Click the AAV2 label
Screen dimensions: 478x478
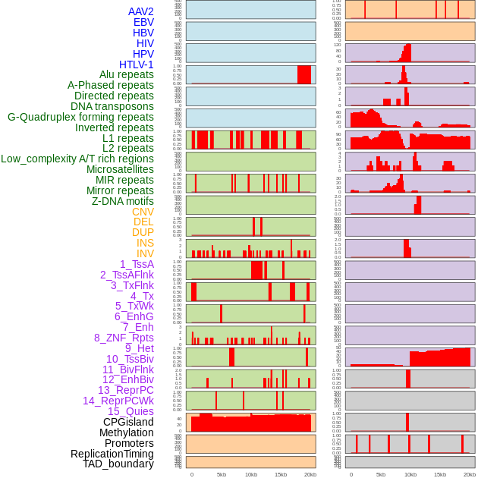[x=140, y=11]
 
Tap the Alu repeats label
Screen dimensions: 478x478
[x=126, y=74]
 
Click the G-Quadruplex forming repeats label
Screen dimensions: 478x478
[x=80, y=117]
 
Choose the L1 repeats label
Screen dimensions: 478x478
[x=127, y=138]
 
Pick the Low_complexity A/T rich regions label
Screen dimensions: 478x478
[x=77, y=159]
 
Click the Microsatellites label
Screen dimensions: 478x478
[x=120, y=169]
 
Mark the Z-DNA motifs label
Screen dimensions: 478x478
[x=122, y=201]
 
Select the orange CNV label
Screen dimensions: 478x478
[x=143, y=212]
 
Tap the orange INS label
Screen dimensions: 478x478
[x=145, y=243]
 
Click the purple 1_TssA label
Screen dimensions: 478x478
[x=137, y=264]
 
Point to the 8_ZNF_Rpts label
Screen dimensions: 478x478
[x=124, y=338]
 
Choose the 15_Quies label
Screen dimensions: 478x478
[x=130, y=411]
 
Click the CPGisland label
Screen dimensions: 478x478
[x=128, y=422]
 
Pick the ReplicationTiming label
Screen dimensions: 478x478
[x=112, y=454]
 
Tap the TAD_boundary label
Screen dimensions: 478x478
[x=118, y=464]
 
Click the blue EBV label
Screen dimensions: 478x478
[x=143, y=22]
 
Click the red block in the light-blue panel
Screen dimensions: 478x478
[x=303, y=74]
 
